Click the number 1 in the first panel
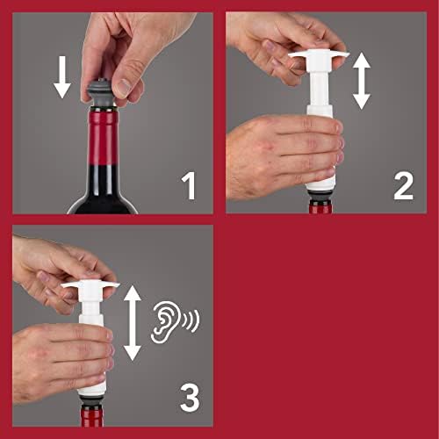(x=188, y=185)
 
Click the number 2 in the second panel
(x=403, y=185)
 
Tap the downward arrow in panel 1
(x=61, y=78)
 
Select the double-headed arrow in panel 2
(x=361, y=80)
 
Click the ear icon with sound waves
(x=164, y=320)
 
